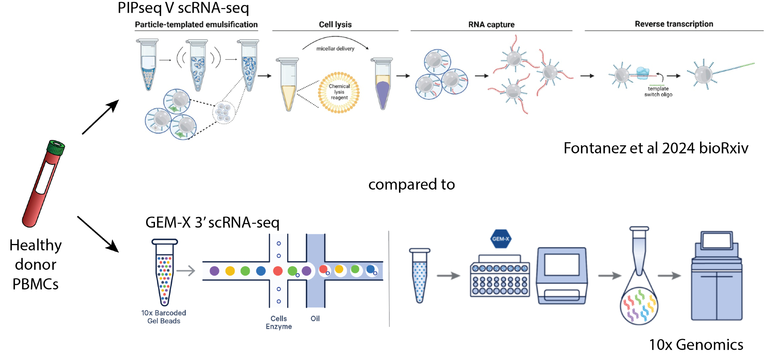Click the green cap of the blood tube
point(56,148)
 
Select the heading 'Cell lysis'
point(335,24)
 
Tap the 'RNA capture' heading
point(491,24)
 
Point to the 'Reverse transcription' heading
point(674,24)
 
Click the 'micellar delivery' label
point(335,49)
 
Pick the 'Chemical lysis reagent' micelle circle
point(339,93)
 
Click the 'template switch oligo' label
point(658,92)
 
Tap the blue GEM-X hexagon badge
point(500,239)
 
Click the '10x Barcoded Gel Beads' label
point(163,317)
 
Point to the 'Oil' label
point(315,318)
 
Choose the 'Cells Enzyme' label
point(279,322)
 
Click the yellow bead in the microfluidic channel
point(230,271)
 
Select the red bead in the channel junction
point(278,271)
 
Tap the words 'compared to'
point(411,184)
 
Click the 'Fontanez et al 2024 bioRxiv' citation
point(656,148)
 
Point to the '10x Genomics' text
point(696,345)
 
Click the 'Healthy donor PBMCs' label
point(35,264)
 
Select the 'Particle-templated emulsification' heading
point(196,24)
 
